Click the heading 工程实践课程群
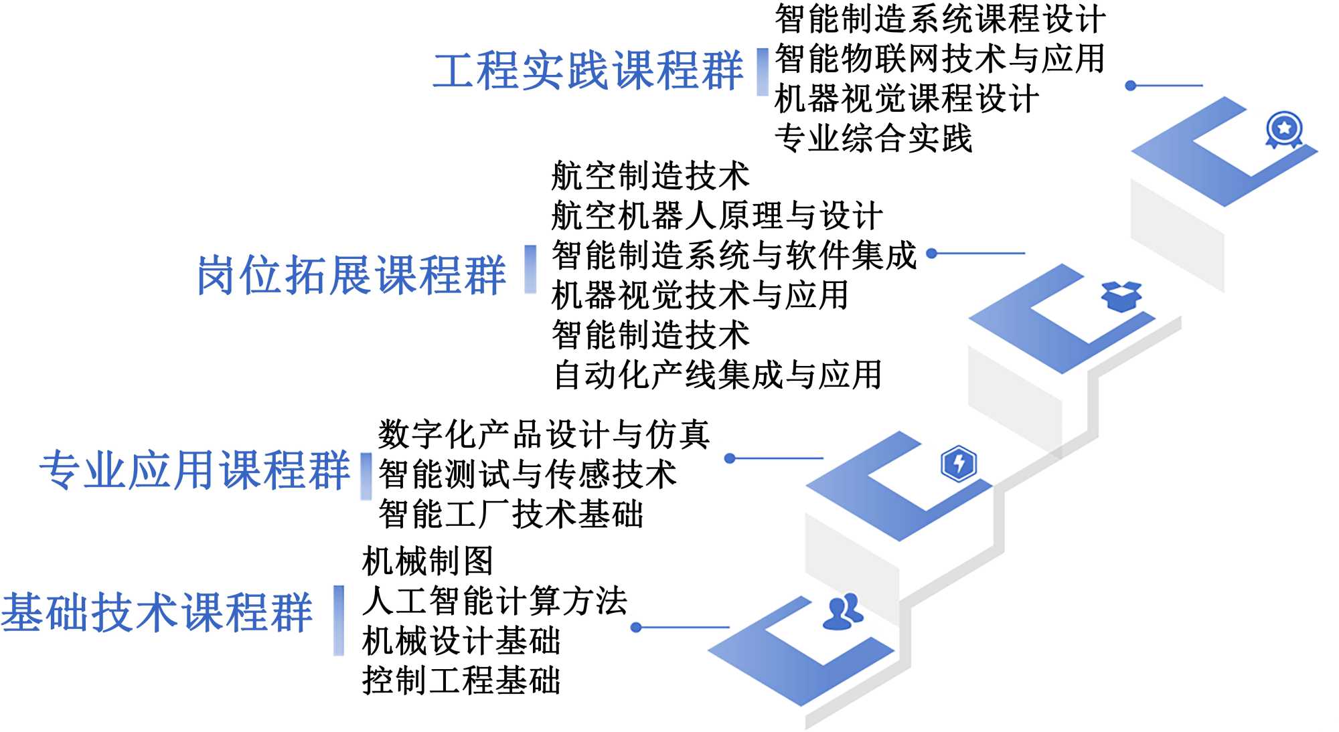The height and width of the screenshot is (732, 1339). (588, 70)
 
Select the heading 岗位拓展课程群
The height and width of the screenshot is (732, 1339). (351, 275)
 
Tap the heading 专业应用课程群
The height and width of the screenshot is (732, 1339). (194, 470)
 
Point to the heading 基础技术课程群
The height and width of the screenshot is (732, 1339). (157, 612)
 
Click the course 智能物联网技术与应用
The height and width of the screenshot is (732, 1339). (939, 59)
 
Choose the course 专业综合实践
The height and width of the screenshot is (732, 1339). (873, 139)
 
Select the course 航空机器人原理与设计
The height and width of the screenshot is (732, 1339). (716, 215)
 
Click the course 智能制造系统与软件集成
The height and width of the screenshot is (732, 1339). (734, 255)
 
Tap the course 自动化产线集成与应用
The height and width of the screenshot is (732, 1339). (716, 375)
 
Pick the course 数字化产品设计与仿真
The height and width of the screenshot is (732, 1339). (544, 434)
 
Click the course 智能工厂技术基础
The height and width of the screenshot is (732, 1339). (510, 514)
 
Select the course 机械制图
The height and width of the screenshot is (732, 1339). (427, 561)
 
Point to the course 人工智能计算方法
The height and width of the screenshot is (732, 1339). (494, 600)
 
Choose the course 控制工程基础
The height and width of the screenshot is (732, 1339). (461, 680)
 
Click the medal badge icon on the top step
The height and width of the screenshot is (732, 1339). (1283, 128)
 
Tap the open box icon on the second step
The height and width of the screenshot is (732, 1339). (1121, 296)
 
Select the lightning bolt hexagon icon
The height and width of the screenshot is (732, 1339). (959, 463)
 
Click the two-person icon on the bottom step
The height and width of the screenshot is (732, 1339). (842, 612)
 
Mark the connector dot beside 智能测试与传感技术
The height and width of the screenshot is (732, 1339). (730, 458)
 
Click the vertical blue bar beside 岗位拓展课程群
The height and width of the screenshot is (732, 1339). (530, 269)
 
